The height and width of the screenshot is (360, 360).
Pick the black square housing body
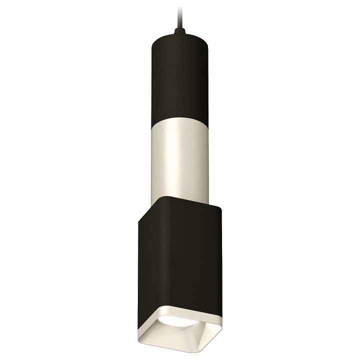click(180, 250)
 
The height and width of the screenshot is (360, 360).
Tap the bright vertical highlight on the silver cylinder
click(173, 160)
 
